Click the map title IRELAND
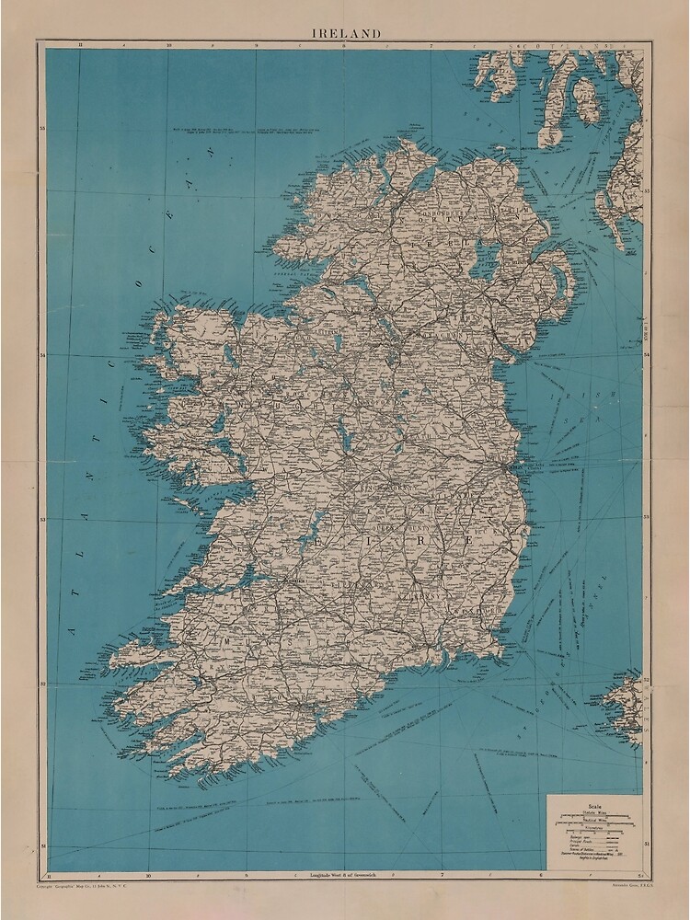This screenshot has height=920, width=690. point(344,33)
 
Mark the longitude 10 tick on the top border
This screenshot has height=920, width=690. point(167,44)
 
